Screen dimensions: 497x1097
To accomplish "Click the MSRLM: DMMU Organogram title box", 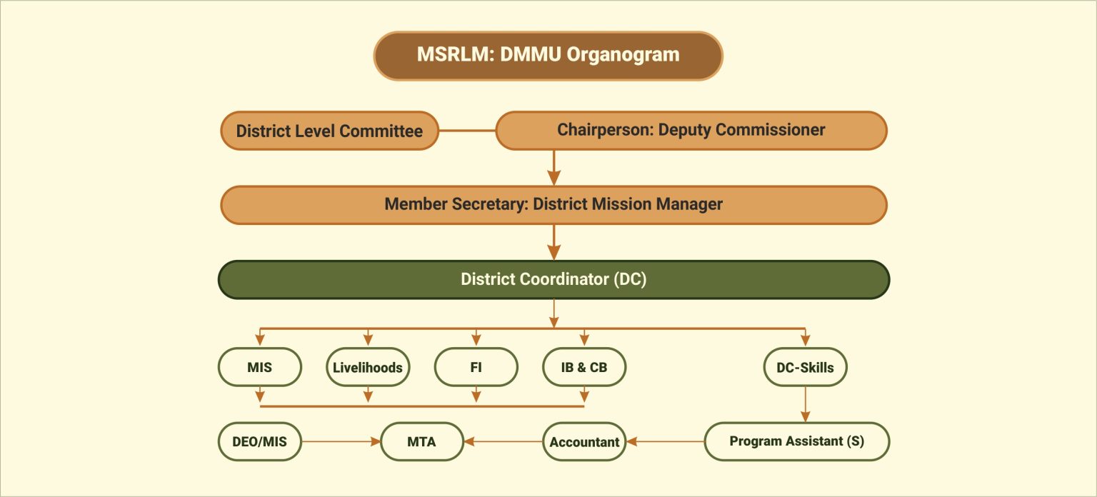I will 548,55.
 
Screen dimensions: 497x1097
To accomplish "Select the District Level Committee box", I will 329,131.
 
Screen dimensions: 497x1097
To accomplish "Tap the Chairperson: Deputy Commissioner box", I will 691,130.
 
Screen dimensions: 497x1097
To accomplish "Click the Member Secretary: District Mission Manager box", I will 553,204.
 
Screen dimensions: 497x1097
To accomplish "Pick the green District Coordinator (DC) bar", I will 553,279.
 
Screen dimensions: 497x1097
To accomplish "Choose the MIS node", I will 259,367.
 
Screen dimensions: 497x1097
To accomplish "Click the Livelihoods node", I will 368,368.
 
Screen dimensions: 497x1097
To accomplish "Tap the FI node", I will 476,368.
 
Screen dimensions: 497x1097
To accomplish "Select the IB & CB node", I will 583,368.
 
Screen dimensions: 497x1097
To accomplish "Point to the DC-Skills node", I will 805,368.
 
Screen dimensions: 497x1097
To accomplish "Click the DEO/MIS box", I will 259,441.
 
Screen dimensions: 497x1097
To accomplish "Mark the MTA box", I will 421,441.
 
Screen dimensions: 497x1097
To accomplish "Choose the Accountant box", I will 584,441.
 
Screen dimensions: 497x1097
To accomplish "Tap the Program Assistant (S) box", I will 796,441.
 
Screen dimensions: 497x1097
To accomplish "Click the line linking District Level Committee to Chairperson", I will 466,131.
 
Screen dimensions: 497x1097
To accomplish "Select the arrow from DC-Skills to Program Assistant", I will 805,404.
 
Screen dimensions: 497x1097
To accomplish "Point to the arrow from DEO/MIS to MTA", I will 341,441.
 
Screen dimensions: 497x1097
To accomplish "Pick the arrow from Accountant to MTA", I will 503,441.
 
